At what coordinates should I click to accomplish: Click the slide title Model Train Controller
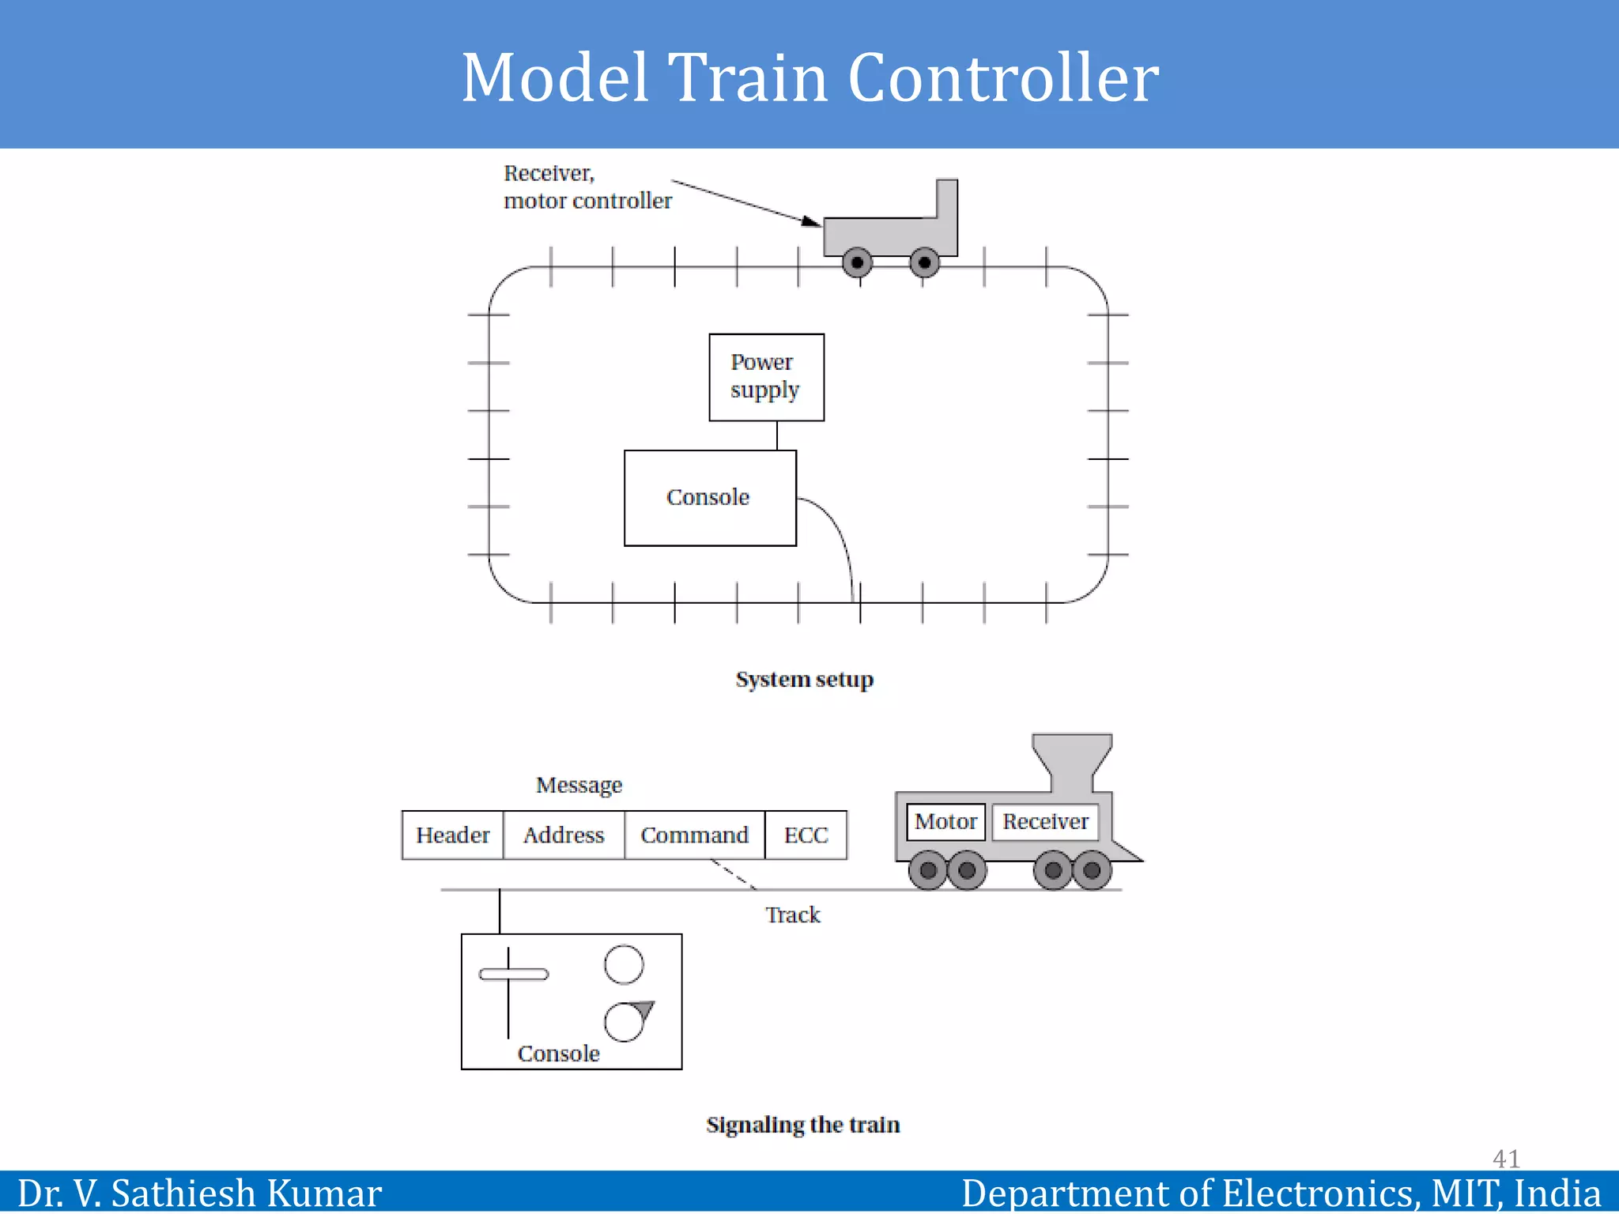[809, 77]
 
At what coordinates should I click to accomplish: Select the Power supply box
[766, 377]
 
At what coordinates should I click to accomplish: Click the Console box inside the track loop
[709, 497]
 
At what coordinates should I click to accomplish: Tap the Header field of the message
[452, 835]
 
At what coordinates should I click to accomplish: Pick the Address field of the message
[564, 835]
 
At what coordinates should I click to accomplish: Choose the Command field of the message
[694, 835]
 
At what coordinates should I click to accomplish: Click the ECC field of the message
[806, 835]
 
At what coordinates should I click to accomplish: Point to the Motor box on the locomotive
[945, 822]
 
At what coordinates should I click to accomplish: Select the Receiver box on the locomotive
[1045, 822]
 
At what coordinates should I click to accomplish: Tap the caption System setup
[804, 680]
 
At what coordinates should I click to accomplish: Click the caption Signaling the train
[802, 1125]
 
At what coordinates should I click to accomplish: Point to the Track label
[792, 915]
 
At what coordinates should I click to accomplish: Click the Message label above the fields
[579, 786]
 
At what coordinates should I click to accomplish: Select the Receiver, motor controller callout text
[587, 187]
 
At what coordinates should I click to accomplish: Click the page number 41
[1505, 1159]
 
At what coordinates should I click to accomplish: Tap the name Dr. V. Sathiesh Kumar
[199, 1193]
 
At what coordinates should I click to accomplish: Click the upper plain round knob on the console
[624, 964]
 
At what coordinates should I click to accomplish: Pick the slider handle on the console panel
[514, 974]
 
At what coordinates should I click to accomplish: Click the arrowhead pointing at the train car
[811, 221]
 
